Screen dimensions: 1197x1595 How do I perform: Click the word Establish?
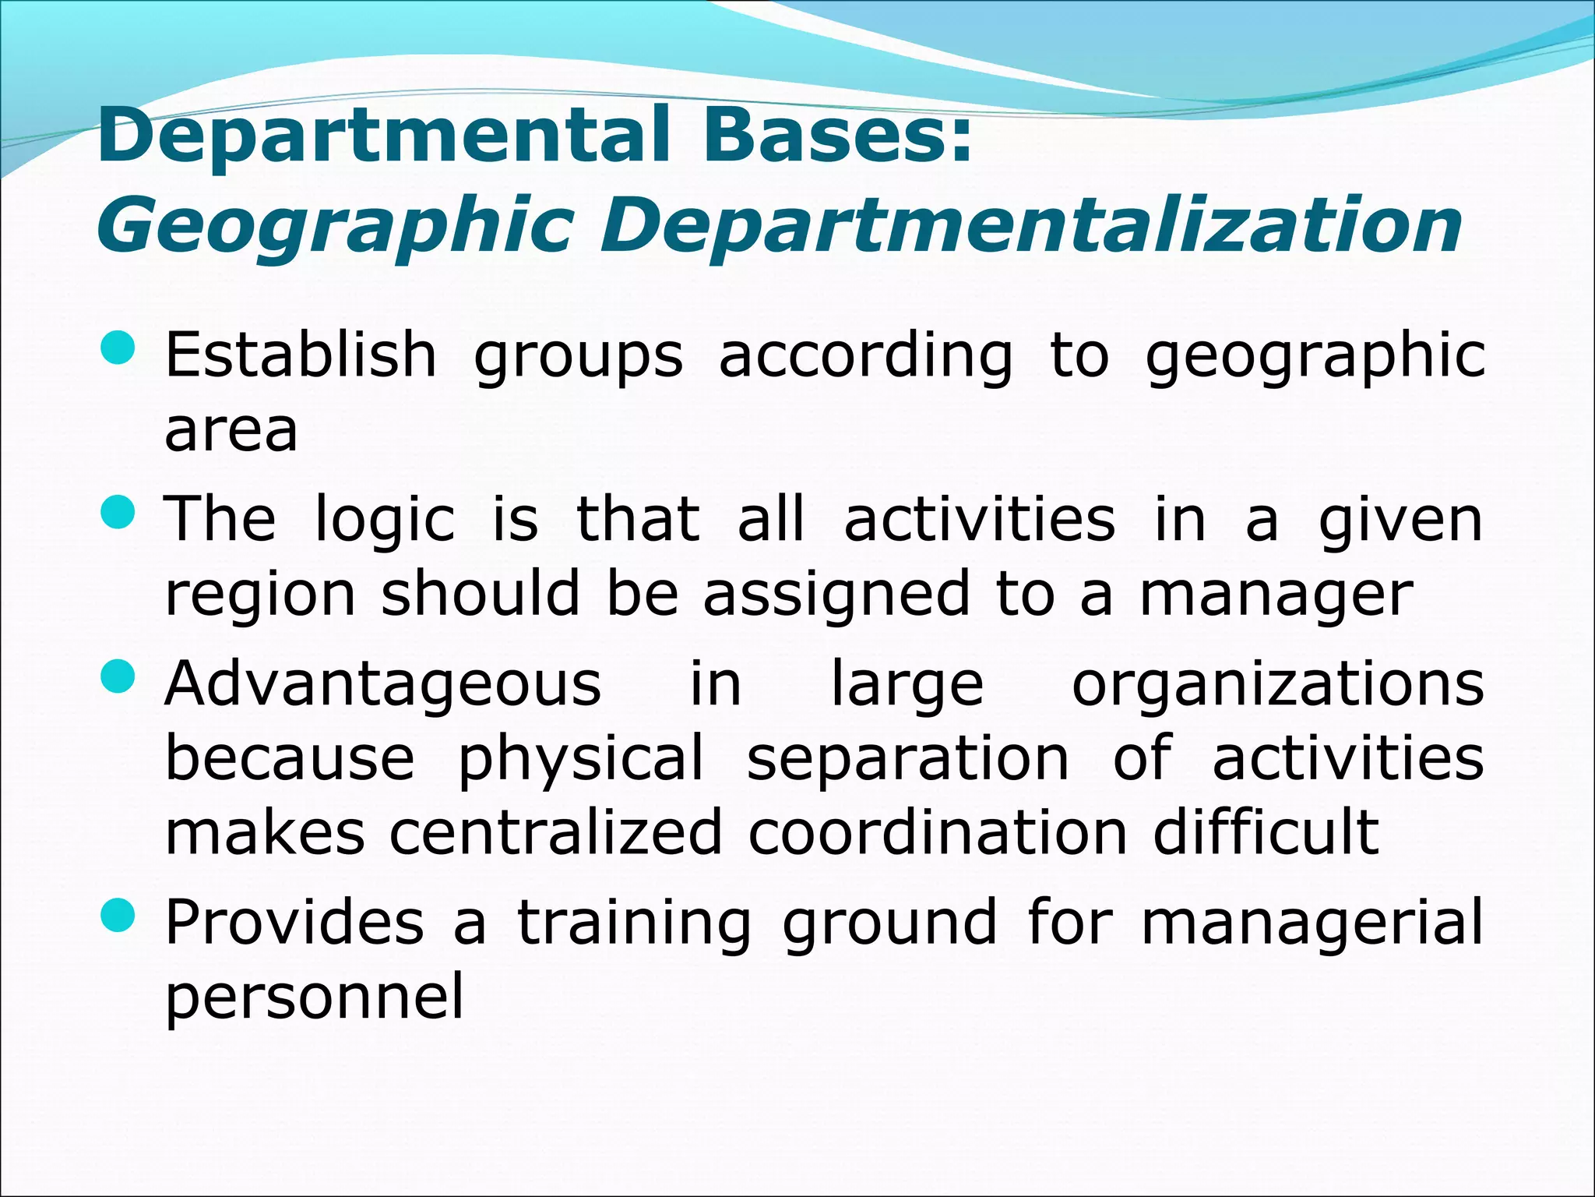pos(301,355)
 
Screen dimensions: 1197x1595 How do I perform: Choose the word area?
pos(231,430)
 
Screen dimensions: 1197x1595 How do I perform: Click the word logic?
pos(385,521)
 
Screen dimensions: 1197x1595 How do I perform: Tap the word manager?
pos(1276,595)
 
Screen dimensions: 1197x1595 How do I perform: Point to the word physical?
pos(580,759)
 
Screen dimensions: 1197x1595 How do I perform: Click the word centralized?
pos(556,832)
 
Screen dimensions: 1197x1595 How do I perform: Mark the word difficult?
pos(1266,832)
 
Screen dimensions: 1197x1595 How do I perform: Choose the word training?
pos(634,923)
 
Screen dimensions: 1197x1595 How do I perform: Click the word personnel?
pos(315,997)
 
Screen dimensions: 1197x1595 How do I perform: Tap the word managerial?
pos(1312,923)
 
